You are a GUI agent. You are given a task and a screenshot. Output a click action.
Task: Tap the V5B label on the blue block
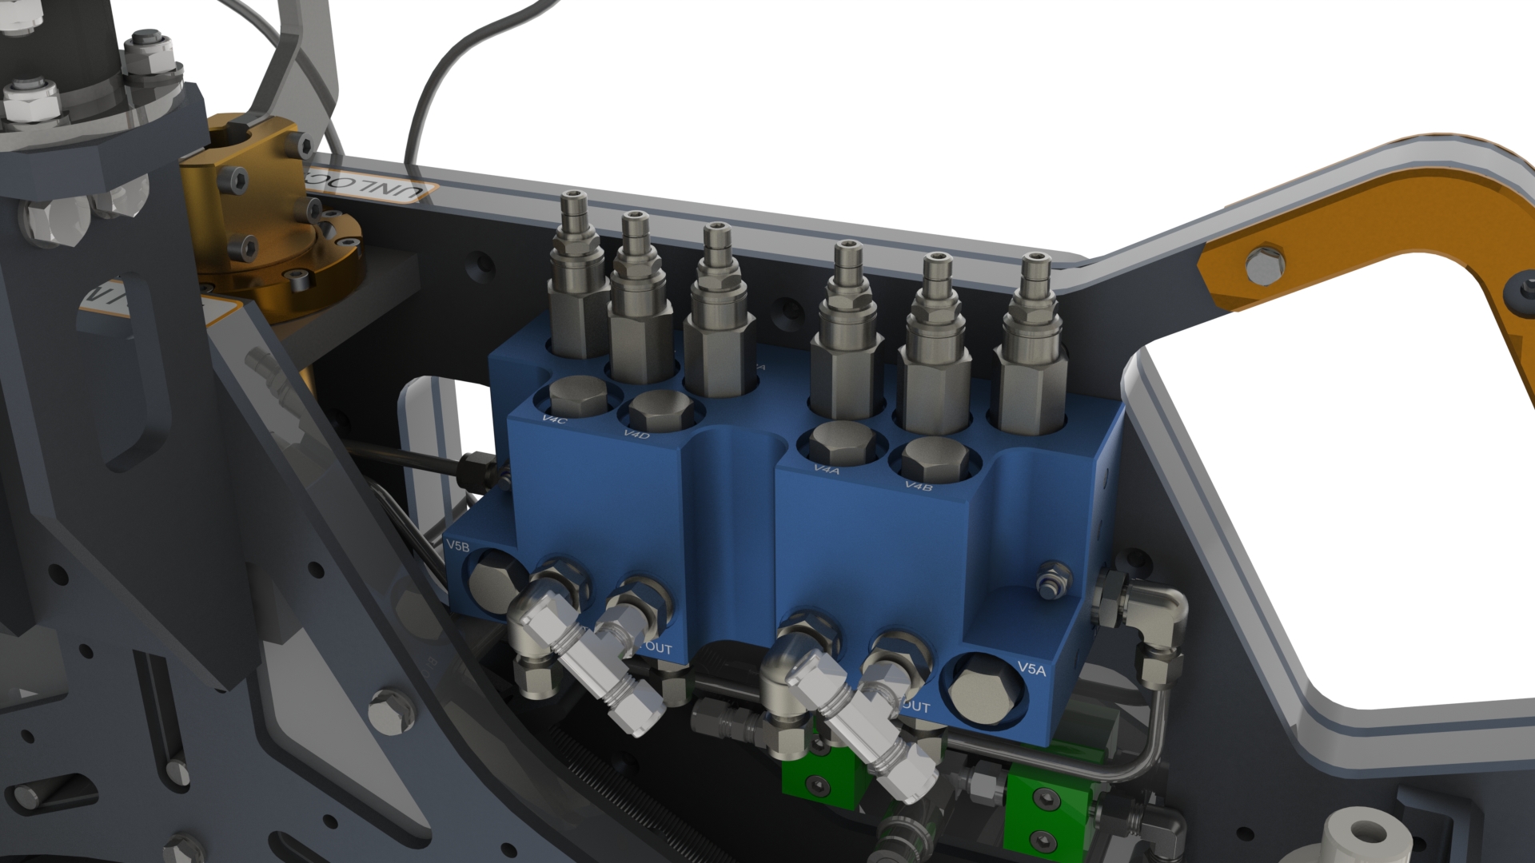pyautogui.click(x=457, y=546)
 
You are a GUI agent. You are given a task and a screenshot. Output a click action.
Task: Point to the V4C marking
pyautogui.click(x=554, y=420)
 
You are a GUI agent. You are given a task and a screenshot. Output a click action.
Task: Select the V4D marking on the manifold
pyautogui.click(x=636, y=434)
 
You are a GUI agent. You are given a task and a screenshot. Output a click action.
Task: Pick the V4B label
pyautogui.click(x=919, y=485)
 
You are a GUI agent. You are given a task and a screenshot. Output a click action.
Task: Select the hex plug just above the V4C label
pyautogui.click(x=578, y=396)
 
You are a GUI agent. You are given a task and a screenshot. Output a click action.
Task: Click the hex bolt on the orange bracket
pyautogui.click(x=1266, y=264)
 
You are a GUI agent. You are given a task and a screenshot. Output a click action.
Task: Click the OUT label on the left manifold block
pyautogui.click(x=657, y=648)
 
